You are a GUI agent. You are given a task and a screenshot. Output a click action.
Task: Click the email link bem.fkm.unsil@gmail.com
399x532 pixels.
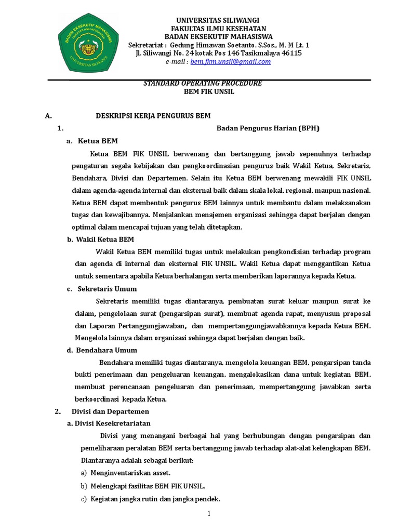pyautogui.click(x=231, y=61)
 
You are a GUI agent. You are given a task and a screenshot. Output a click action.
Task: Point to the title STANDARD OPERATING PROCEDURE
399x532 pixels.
pyautogui.click(x=202, y=84)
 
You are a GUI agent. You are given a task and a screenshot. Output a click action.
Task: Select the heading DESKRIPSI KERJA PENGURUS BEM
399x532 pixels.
pyautogui.click(x=153, y=115)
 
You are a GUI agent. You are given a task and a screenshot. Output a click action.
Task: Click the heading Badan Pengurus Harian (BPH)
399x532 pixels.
pyautogui.click(x=268, y=128)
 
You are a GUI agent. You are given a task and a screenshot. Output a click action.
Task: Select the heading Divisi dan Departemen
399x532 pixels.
pyautogui.click(x=105, y=411)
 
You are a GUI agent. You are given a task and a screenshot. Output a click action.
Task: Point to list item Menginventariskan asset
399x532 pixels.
pyautogui.click(x=130, y=473)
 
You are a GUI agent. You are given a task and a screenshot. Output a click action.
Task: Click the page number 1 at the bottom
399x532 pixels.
pyautogui.click(x=209, y=514)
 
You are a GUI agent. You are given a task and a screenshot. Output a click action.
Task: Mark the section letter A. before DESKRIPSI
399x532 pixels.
pyautogui.click(x=48, y=115)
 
